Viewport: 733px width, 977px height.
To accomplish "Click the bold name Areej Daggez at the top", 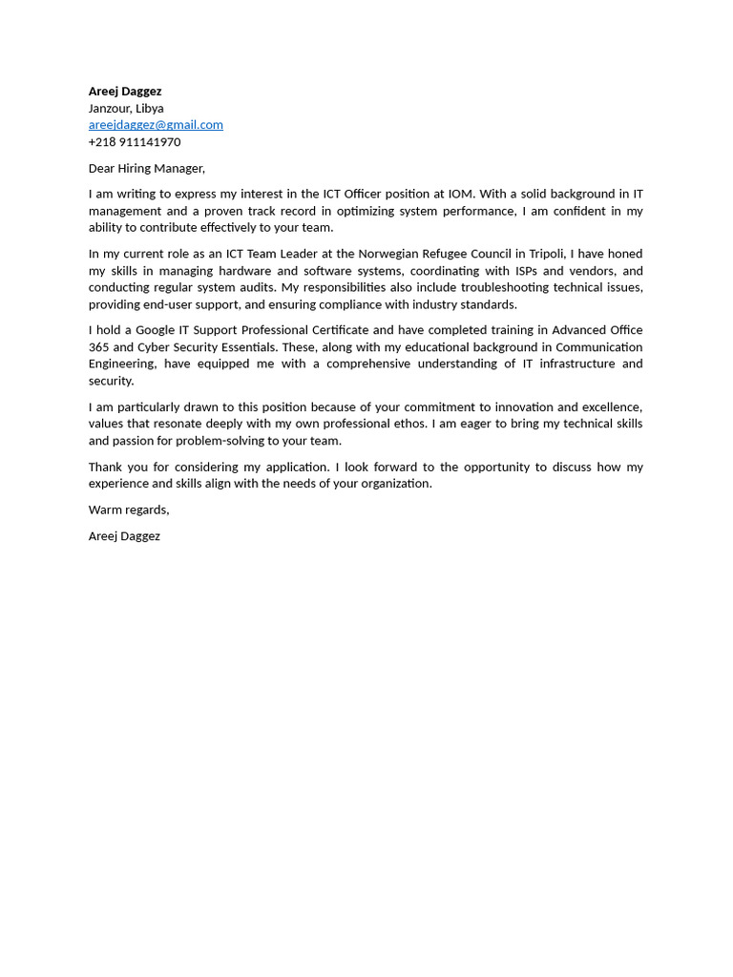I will [125, 92].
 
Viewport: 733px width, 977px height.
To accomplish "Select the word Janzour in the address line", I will [109, 109].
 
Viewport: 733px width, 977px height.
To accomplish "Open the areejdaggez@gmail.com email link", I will [156, 125].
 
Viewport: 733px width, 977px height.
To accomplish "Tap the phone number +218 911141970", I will [135, 142].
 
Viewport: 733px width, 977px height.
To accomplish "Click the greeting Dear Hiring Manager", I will [146, 168].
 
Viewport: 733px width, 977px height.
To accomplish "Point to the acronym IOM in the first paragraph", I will [460, 194].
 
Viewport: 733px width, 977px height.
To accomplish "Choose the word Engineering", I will [121, 364].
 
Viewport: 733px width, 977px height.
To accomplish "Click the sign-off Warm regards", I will [128, 509].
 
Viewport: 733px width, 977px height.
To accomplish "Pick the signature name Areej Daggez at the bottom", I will [124, 536].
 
